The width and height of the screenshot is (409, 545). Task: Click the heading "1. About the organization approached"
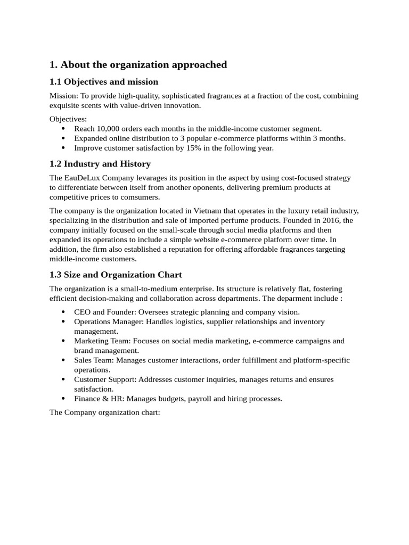pos(138,65)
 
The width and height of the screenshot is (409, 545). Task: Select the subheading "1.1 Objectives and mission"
pos(104,82)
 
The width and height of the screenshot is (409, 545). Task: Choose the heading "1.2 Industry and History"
pos(100,164)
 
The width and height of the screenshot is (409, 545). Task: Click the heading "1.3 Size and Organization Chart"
pos(116,275)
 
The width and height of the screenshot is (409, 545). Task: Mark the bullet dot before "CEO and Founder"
pos(64,312)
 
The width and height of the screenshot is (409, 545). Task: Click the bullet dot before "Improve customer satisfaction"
pos(64,148)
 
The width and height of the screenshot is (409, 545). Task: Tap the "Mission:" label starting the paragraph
pos(64,96)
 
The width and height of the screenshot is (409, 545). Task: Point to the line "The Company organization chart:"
pos(104,412)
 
